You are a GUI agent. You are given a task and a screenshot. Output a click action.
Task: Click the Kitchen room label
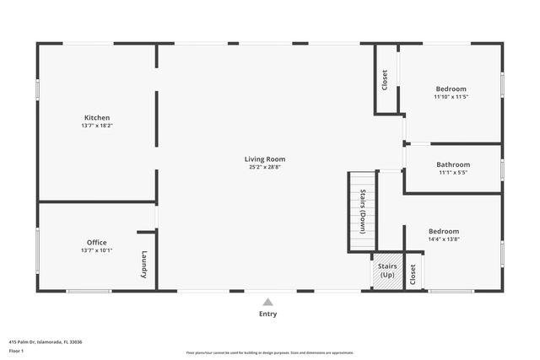pos(97,117)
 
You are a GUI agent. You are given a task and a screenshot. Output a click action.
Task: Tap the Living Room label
pos(265,159)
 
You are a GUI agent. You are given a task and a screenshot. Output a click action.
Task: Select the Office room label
pos(97,242)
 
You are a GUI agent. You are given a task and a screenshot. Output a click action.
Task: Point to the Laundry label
pos(144,265)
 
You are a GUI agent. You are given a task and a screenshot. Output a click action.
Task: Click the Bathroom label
pos(453,164)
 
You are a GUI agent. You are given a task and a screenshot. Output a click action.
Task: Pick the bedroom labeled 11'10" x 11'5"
pos(451,89)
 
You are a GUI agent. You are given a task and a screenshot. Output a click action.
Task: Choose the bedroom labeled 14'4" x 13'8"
pos(443,231)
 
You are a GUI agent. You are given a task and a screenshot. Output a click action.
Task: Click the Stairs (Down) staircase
pos(361,212)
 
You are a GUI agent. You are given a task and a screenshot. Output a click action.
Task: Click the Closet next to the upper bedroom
pos(386,80)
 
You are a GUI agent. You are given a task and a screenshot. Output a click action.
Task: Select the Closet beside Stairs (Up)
pos(413,274)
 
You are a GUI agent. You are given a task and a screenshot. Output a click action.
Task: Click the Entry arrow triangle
pos(267,301)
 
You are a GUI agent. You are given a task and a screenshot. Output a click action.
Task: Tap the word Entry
pos(267,314)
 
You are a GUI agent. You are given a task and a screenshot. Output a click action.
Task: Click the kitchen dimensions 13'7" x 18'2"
pos(97,126)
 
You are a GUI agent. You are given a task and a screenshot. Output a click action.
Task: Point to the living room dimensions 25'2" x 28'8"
pos(265,167)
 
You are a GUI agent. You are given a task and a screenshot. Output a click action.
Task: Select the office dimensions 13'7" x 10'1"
pos(97,250)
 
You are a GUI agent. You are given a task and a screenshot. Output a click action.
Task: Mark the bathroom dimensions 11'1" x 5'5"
pos(453,173)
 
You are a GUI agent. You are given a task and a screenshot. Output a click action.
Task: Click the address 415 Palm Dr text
pos(46,341)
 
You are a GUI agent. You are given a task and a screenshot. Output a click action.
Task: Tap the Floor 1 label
pos(16,350)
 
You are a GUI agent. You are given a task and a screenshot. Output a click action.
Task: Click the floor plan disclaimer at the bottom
pos(270,352)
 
